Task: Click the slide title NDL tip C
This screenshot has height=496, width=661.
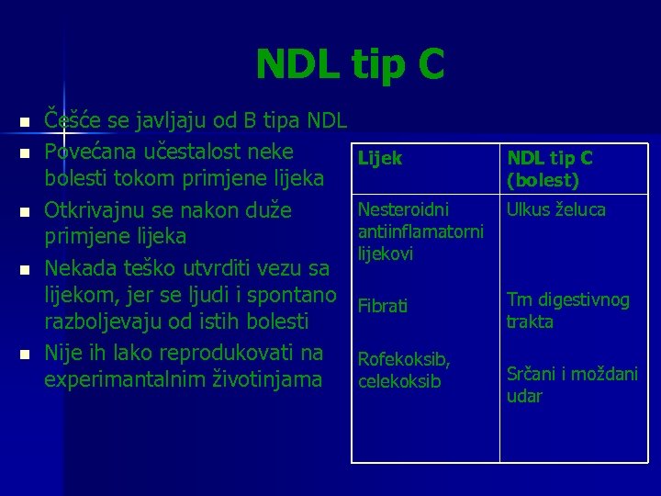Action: (x=350, y=65)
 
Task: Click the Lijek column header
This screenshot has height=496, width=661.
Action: (x=379, y=158)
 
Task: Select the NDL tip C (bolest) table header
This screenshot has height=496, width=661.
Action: (x=550, y=169)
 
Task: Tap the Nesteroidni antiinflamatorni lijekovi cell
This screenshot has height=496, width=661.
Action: (x=420, y=231)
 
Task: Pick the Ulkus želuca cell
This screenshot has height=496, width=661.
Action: (x=556, y=209)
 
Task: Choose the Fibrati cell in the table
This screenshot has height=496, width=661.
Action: (x=383, y=306)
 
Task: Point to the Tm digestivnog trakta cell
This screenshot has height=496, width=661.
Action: (x=567, y=310)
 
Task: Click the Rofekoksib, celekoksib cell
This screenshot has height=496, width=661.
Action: (x=400, y=370)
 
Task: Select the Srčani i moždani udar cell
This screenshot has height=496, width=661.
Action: (x=572, y=385)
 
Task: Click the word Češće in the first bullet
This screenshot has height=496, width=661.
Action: (x=72, y=120)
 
